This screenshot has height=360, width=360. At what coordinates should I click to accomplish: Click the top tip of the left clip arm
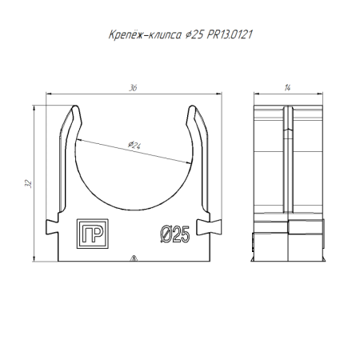(75, 106)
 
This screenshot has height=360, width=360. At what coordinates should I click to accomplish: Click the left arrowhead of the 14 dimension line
(257, 94)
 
